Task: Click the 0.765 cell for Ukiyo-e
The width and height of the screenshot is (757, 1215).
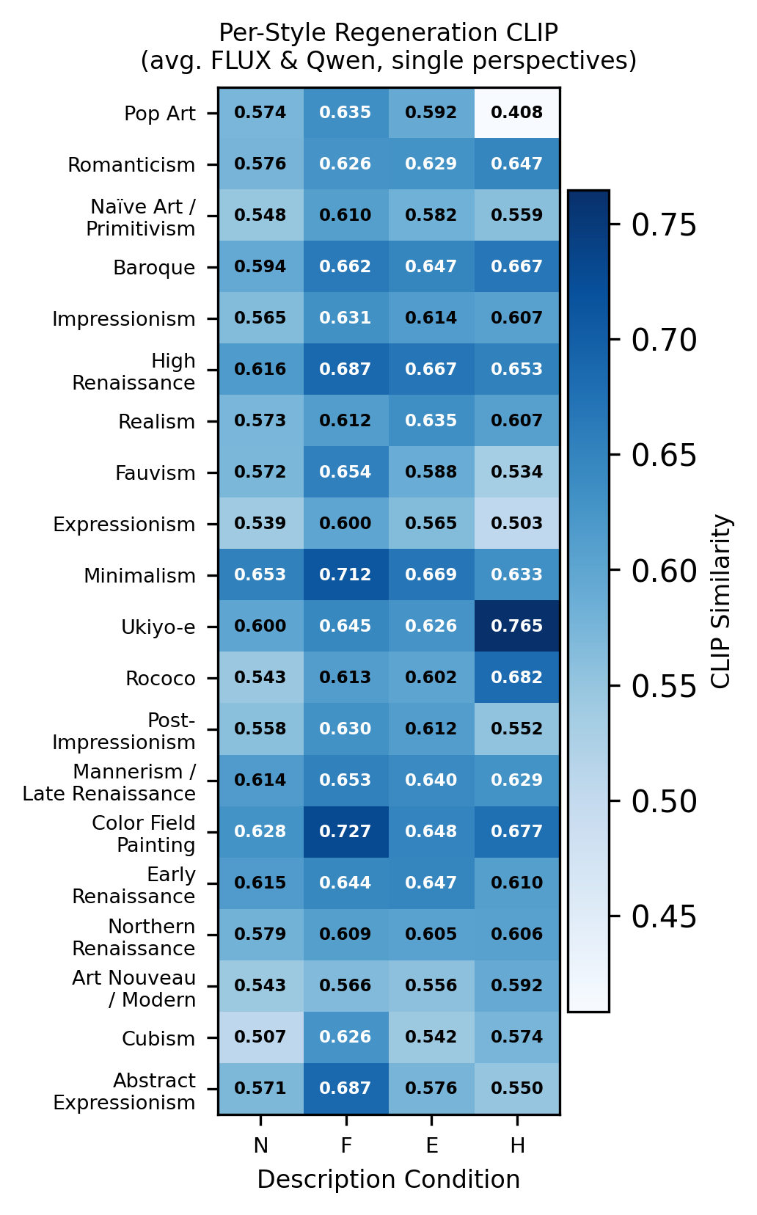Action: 517,626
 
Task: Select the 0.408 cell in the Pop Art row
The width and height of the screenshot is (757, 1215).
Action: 517,112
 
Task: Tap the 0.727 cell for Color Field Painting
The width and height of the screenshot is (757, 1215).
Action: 345,831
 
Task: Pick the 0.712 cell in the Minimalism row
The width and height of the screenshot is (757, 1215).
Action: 345,574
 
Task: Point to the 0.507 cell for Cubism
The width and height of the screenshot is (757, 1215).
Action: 260,1037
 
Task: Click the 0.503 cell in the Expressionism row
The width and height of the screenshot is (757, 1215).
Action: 517,523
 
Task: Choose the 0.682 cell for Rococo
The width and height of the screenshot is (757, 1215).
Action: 517,677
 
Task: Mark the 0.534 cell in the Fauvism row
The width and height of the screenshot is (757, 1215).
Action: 517,472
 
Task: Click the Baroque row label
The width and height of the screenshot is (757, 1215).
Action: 154,268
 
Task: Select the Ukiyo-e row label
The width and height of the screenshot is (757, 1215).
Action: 158,627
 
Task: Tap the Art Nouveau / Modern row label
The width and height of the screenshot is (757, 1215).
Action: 134,989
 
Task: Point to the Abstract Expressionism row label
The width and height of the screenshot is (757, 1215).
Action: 125,1092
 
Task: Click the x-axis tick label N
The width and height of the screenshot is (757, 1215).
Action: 260,1145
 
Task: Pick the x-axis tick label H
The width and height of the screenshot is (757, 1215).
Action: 517,1145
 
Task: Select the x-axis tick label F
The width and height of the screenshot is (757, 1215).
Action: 345,1145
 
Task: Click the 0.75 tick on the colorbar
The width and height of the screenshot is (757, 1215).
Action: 664,225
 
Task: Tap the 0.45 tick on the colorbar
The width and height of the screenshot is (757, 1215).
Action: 664,917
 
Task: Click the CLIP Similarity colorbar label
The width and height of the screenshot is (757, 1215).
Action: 722,601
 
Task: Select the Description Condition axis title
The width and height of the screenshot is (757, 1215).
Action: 388,1180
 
